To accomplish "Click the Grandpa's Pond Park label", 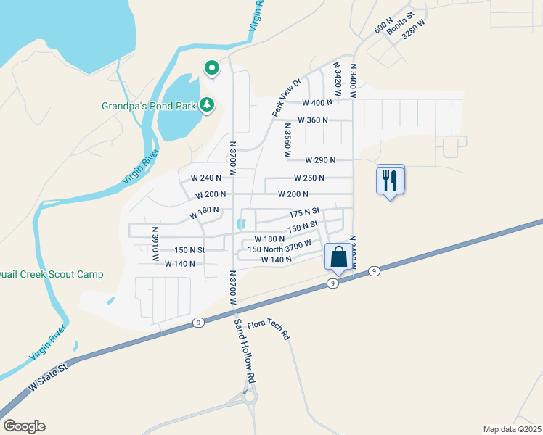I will coord(148,106).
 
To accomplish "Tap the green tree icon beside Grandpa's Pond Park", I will coord(208,105).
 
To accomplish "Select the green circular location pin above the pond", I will coord(212,68).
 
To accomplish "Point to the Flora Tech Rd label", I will coord(269,331).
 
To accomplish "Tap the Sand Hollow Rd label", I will coord(246,351).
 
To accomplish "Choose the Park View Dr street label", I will coord(286,98).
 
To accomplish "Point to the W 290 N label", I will coord(320,160).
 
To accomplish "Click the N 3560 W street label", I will coord(287,141).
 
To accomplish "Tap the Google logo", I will coord(24,426).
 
